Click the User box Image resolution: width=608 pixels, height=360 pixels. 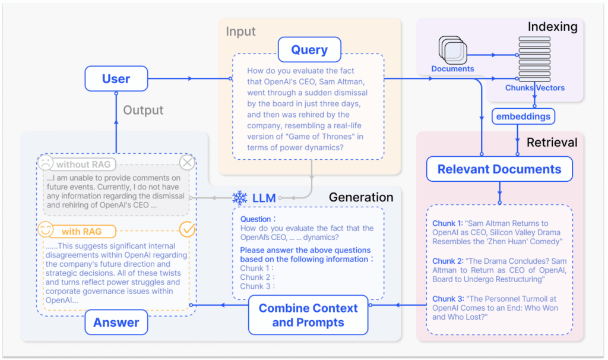(116, 78)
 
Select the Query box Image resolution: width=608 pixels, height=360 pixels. (309, 50)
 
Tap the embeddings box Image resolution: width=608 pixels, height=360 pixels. (523, 116)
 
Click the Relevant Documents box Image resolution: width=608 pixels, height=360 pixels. (499, 169)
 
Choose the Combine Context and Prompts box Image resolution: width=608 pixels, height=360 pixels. (309, 315)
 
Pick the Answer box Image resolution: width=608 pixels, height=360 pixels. (116, 323)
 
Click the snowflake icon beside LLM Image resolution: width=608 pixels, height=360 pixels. (239, 198)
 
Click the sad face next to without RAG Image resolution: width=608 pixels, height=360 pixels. (45, 163)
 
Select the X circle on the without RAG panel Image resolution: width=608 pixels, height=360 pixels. (187, 163)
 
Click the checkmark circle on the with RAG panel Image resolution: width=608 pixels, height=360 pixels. (187, 229)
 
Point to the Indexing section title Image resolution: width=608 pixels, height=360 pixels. (552, 27)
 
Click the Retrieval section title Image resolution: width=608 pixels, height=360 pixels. (552, 142)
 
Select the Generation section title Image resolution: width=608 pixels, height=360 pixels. (360, 197)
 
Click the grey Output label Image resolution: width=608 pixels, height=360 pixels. (143, 110)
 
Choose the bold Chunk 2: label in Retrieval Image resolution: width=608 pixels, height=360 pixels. (448, 261)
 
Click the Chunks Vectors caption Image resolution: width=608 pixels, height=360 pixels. (535, 88)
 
